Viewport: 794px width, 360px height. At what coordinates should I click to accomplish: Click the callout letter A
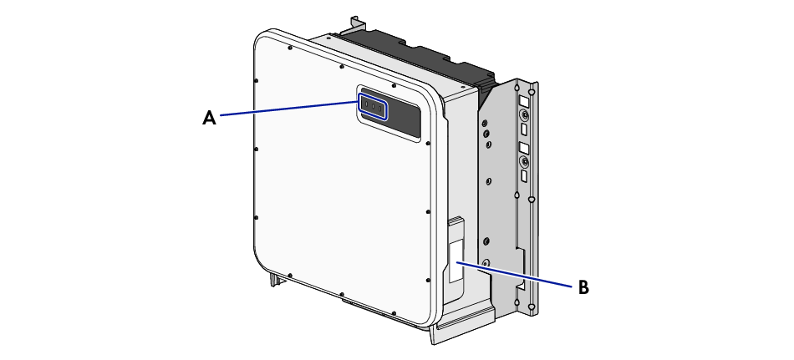[209, 118]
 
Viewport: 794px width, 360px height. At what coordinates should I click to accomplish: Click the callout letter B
[584, 287]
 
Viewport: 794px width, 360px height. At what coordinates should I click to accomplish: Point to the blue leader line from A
[289, 108]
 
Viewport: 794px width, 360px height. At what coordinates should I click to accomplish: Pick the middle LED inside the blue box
[373, 107]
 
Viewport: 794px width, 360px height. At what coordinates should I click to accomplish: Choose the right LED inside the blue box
[379, 109]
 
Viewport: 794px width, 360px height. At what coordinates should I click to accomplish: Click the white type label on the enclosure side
[456, 261]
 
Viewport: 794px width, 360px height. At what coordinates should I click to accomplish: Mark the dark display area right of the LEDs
[404, 119]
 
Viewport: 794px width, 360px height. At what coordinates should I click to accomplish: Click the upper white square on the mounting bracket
[523, 101]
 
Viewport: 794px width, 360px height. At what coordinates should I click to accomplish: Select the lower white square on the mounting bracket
[523, 148]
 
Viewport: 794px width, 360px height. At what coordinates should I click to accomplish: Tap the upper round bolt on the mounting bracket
[525, 116]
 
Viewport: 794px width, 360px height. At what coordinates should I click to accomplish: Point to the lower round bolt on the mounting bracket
[525, 163]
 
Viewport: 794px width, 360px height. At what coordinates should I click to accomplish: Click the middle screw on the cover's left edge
[256, 150]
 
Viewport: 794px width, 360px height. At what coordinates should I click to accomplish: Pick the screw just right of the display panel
[429, 144]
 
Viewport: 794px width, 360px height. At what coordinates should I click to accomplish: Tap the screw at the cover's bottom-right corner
[429, 280]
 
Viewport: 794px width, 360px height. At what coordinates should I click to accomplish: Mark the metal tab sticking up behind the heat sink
[359, 23]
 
